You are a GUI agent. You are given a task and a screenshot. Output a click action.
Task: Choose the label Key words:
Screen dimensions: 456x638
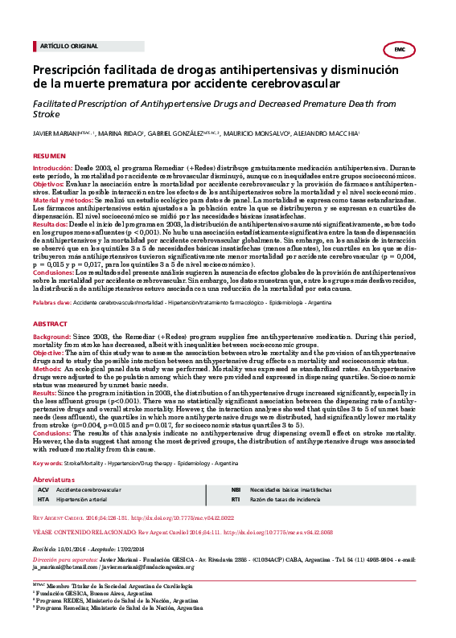47,441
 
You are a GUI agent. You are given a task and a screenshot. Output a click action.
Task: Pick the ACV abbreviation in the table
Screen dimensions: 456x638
43,466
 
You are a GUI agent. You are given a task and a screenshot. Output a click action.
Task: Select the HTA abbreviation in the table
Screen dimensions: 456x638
43,476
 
